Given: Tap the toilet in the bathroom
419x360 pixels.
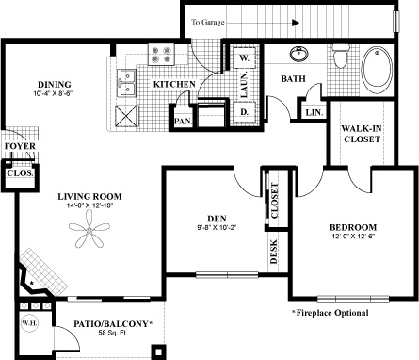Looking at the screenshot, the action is [x=341, y=56].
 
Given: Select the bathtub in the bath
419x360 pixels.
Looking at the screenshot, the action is [x=377, y=70].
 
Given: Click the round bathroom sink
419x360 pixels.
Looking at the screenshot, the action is [x=298, y=54].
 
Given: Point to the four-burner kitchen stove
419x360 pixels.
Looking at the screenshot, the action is [x=161, y=55].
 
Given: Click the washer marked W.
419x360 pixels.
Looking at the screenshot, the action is [x=244, y=57].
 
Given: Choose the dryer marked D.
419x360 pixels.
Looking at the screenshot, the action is [x=244, y=112].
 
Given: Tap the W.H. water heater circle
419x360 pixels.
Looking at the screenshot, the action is [x=29, y=323].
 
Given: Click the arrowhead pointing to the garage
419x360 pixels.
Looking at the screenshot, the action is [x=296, y=23].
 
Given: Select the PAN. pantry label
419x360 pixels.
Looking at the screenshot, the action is [x=184, y=121].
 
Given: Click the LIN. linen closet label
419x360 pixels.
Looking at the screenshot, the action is [x=314, y=112].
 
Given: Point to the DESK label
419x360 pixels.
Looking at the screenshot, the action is [x=274, y=252].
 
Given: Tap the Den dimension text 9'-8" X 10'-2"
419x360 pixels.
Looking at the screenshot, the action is [x=217, y=228].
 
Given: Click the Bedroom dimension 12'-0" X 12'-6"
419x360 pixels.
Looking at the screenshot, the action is [x=353, y=237].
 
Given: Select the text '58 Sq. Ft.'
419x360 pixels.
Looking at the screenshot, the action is [x=113, y=333].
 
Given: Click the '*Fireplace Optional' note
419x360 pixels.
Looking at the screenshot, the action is [x=330, y=313].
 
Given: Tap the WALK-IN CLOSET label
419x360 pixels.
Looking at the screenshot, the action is [x=362, y=134].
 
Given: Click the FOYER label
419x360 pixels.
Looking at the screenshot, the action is [x=20, y=146].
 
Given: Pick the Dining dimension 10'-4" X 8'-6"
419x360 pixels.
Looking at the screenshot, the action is [x=54, y=93].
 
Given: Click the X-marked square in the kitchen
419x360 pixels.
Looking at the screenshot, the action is [x=127, y=116].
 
